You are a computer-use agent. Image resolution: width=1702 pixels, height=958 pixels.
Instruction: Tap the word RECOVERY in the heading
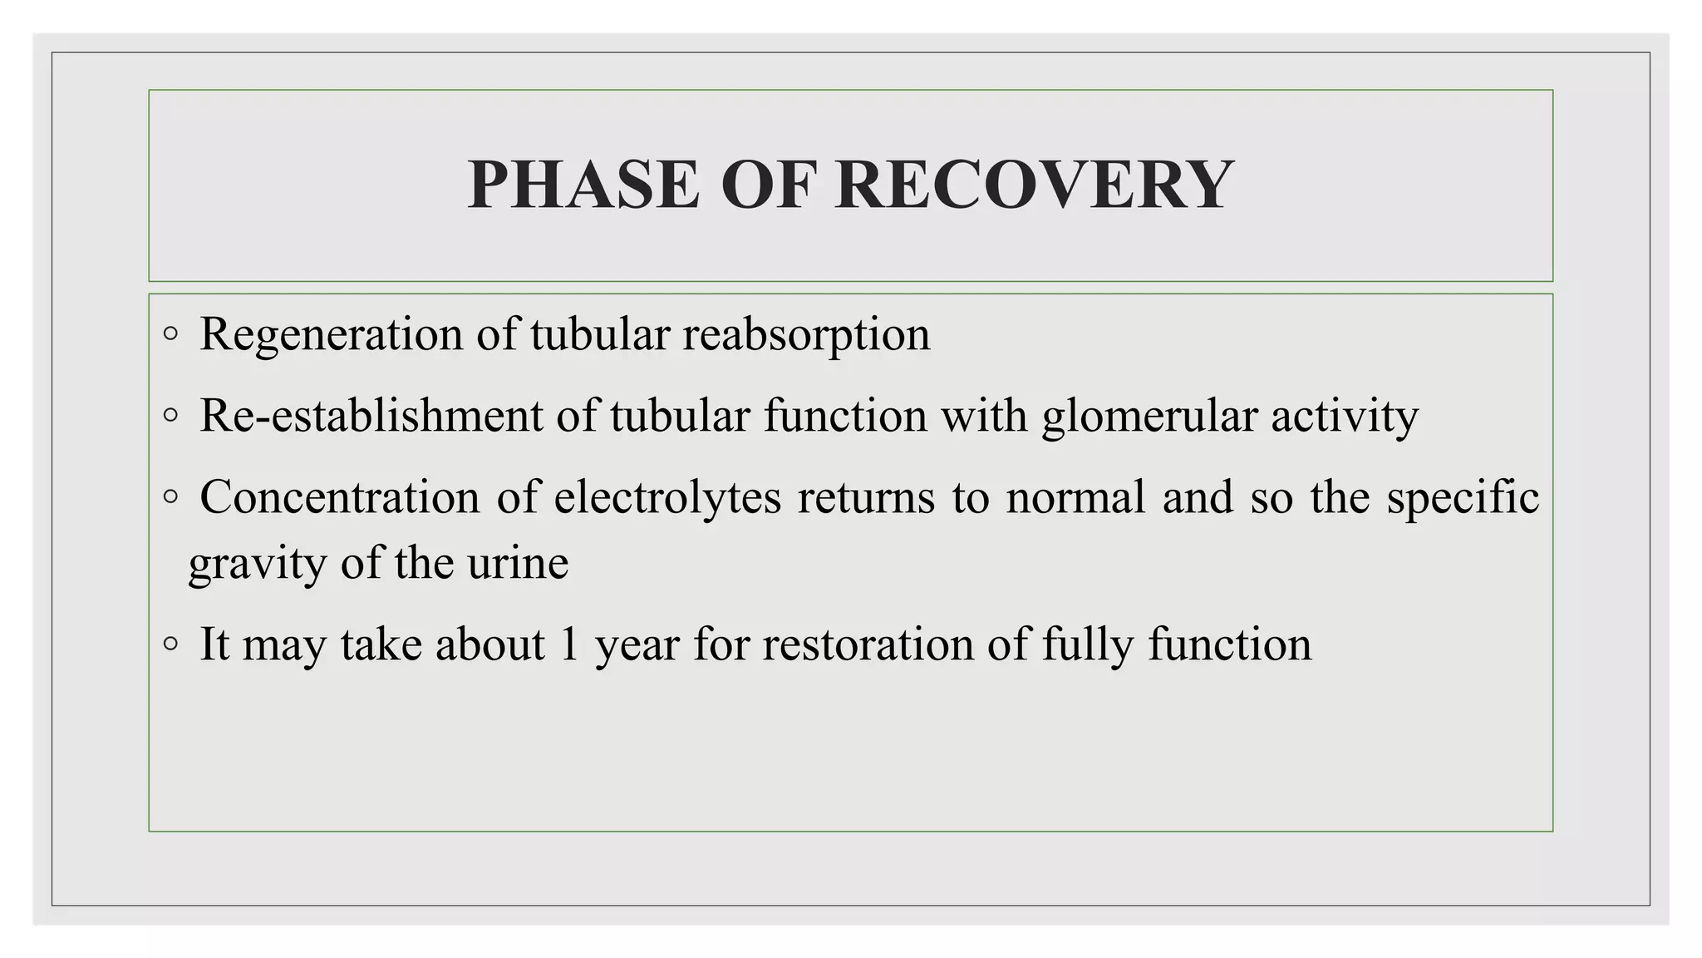[x=1034, y=185]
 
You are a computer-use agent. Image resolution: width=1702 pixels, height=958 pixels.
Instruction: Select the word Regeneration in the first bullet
[x=331, y=335]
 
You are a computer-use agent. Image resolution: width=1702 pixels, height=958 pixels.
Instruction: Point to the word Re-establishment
[x=371, y=416]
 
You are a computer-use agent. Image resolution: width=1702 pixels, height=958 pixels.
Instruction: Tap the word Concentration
[x=340, y=497]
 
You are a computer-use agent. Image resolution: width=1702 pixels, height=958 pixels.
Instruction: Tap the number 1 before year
[x=569, y=644]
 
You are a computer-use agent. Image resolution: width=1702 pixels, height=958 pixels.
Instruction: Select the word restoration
[x=868, y=645]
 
